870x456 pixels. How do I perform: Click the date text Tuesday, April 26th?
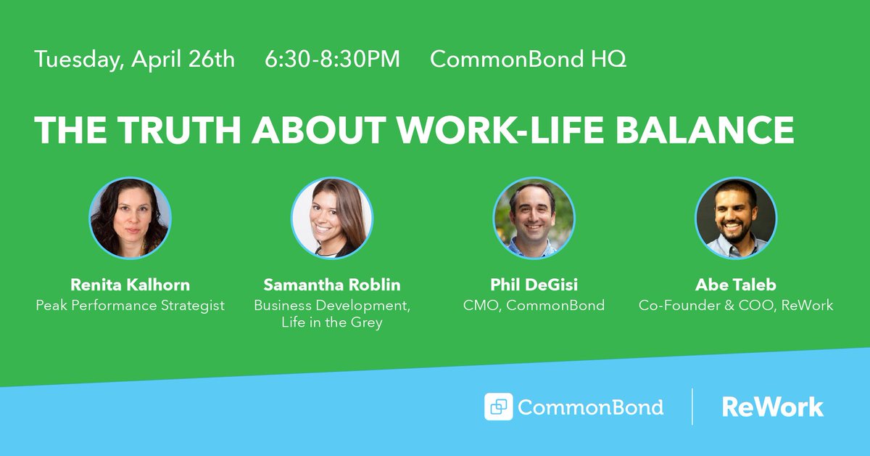click(134, 60)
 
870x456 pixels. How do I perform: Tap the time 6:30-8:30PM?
click(332, 60)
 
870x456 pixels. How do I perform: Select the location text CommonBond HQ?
click(528, 60)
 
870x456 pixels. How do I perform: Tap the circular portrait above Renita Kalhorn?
click(130, 218)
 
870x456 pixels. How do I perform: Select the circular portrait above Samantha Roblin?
click(332, 218)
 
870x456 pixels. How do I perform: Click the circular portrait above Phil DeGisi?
click(534, 218)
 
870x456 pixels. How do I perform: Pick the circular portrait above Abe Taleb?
click(735, 218)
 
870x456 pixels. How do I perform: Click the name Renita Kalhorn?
click(130, 285)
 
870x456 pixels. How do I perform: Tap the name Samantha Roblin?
click(332, 285)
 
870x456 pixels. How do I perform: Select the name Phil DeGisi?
click(534, 285)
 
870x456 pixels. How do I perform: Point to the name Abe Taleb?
click(735, 285)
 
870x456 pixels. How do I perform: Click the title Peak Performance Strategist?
click(130, 305)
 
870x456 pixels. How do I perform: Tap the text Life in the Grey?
click(332, 322)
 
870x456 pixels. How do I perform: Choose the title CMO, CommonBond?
click(534, 305)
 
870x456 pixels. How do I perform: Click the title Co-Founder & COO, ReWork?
click(735, 305)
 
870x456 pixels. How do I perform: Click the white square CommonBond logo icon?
click(498, 407)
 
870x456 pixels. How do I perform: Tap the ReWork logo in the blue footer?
click(772, 407)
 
